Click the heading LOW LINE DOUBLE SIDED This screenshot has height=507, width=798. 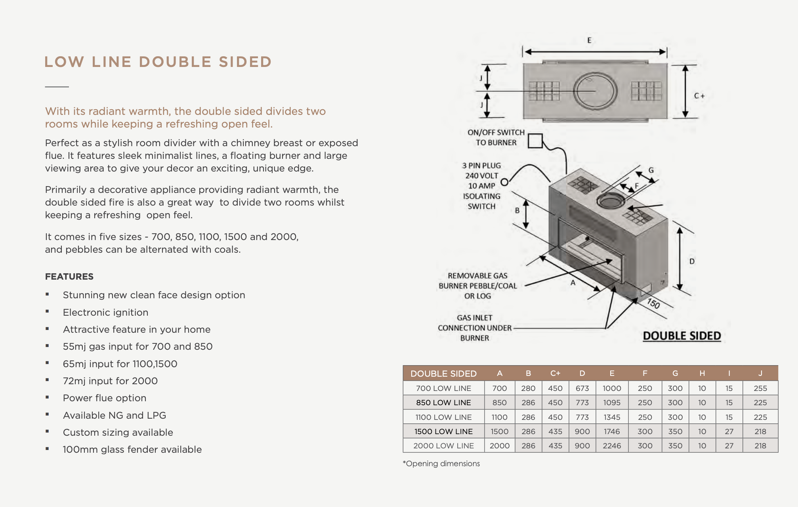point(158,62)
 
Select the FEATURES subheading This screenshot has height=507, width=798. point(69,276)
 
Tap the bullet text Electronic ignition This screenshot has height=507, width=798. point(105,312)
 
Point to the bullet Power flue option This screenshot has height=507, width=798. point(105,398)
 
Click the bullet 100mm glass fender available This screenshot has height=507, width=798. point(132,449)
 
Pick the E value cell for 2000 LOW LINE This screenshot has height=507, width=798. point(612,446)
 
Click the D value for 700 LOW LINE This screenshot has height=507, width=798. point(582,388)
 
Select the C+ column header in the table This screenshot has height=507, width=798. point(555,373)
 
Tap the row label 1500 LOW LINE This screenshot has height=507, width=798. point(443,431)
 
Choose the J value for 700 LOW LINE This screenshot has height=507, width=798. point(760,388)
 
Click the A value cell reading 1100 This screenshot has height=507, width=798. point(499,417)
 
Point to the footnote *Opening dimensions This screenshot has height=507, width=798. point(441,463)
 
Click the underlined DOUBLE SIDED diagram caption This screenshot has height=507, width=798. point(682,336)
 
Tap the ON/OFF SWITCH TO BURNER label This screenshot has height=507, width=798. point(496,137)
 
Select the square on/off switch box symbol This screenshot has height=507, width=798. point(535,141)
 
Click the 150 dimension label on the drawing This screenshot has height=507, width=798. point(653,303)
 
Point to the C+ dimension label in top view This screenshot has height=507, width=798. point(699,96)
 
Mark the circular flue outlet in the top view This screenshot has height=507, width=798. point(595,91)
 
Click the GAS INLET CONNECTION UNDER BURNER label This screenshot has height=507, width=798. point(475,328)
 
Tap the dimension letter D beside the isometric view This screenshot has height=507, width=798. point(692,261)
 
